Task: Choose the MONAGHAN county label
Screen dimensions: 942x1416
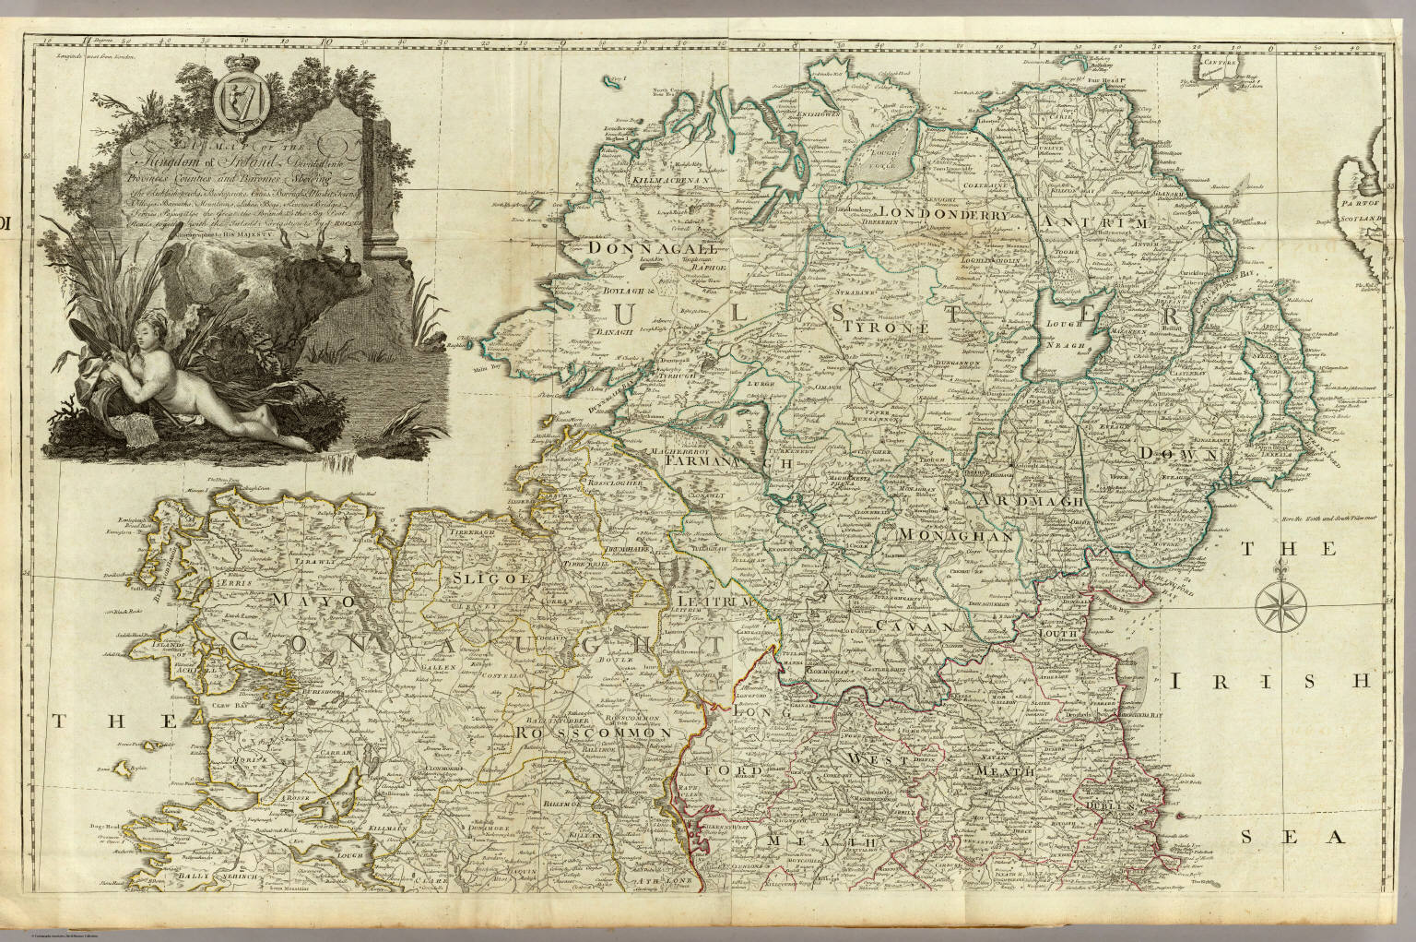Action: click(949, 535)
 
